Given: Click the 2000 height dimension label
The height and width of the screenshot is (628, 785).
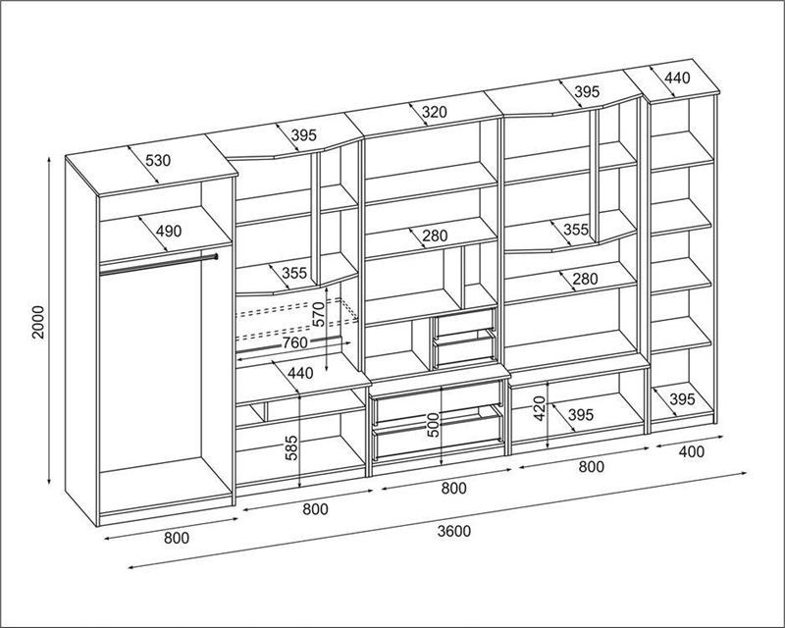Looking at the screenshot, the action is click(x=38, y=322).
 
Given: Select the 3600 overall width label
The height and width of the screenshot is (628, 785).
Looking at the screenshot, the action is click(x=454, y=531).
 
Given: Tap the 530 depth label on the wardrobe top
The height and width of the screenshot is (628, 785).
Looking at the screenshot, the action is click(x=158, y=161).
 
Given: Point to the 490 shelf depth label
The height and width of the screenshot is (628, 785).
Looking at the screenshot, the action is click(x=169, y=232).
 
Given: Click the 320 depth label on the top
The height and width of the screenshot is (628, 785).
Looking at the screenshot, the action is click(x=434, y=112).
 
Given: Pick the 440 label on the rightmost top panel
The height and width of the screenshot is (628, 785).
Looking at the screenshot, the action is click(x=677, y=78).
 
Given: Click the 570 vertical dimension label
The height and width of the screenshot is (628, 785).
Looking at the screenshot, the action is click(x=319, y=314).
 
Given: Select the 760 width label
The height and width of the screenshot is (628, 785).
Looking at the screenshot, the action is click(x=295, y=343).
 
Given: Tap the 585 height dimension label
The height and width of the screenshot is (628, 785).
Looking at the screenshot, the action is click(x=291, y=447).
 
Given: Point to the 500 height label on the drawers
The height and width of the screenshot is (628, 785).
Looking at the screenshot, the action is click(x=433, y=425).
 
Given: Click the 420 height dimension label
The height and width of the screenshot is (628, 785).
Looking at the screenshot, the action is click(x=539, y=408).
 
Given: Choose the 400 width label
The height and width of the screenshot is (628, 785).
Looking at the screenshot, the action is click(x=692, y=451).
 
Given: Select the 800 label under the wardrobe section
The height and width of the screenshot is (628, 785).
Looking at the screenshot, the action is click(x=177, y=538).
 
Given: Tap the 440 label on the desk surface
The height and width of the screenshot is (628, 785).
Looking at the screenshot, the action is click(x=300, y=373).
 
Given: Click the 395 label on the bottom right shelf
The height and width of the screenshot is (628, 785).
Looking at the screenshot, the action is click(x=682, y=399).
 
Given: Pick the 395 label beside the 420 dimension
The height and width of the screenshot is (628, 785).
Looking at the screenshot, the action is click(x=581, y=415).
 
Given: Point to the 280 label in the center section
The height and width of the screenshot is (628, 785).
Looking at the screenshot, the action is click(x=435, y=235).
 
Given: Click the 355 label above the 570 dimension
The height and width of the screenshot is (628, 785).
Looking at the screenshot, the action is click(x=294, y=274).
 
